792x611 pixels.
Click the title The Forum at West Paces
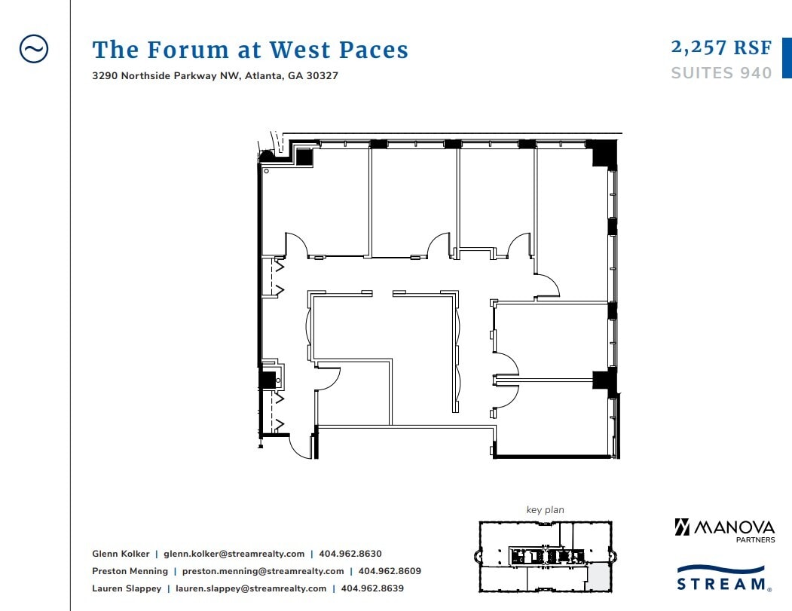pyautogui.click(x=250, y=50)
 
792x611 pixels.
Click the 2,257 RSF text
pyautogui.click(x=721, y=47)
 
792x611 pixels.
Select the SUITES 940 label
pyautogui.click(x=721, y=73)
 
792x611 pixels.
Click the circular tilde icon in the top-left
pyautogui.click(x=33, y=49)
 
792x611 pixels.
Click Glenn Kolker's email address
pyautogui.click(x=234, y=554)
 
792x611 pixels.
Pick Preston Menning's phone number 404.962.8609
pyautogui.click(x=390, y=571)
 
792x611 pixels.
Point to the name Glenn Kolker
pyautogui.click(x=121, y=554)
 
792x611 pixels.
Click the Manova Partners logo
pyautogui.click(x=723, y=529)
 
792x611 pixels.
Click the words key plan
pyautogui.click(x=545, y=510)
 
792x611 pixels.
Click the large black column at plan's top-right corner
pyautogui.click(x=603, y=154)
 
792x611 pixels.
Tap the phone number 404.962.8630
pyautogui.click(x=350, y=554)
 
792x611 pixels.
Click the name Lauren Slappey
pyautogui.click(x=127, y=588)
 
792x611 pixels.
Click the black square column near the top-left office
pyautogui.click(x=304, y=157)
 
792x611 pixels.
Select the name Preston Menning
pyautogui.click(x=130, y=571)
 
